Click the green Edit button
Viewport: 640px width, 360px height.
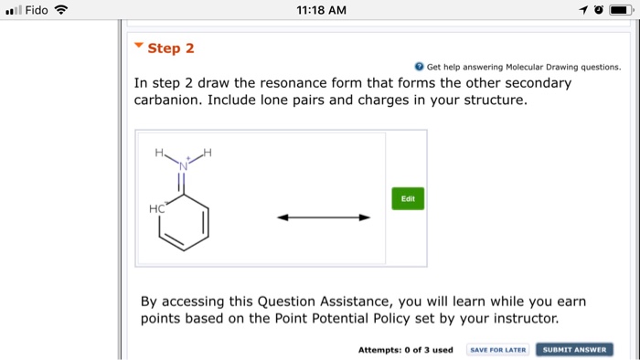[408, 198]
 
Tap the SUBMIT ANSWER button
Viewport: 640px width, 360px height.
[574, 350]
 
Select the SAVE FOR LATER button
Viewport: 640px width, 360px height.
[498, 350]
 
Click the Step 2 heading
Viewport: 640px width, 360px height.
[171, 48]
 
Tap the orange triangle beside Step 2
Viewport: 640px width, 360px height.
[139, 45]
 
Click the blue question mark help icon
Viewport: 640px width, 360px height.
[419, 67]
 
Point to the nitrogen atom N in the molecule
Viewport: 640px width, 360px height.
[183, 166]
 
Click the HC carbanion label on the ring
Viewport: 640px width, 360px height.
[157, 208]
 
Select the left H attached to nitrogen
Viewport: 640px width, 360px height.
[159, 153]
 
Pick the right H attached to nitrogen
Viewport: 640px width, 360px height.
[208, 153]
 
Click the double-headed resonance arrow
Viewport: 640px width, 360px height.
[324, 217]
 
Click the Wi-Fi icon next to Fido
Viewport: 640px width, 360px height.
[61, 9]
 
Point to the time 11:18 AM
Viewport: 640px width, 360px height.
[321, 10]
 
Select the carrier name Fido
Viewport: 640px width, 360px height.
[37, 10]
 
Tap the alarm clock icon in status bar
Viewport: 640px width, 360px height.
[598, 9]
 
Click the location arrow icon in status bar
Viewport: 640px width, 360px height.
[583, 9]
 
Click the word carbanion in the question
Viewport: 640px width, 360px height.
[167, 100]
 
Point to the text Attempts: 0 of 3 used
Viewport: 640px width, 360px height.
[406, 350]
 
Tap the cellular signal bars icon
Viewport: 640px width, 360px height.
[14, 10]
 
